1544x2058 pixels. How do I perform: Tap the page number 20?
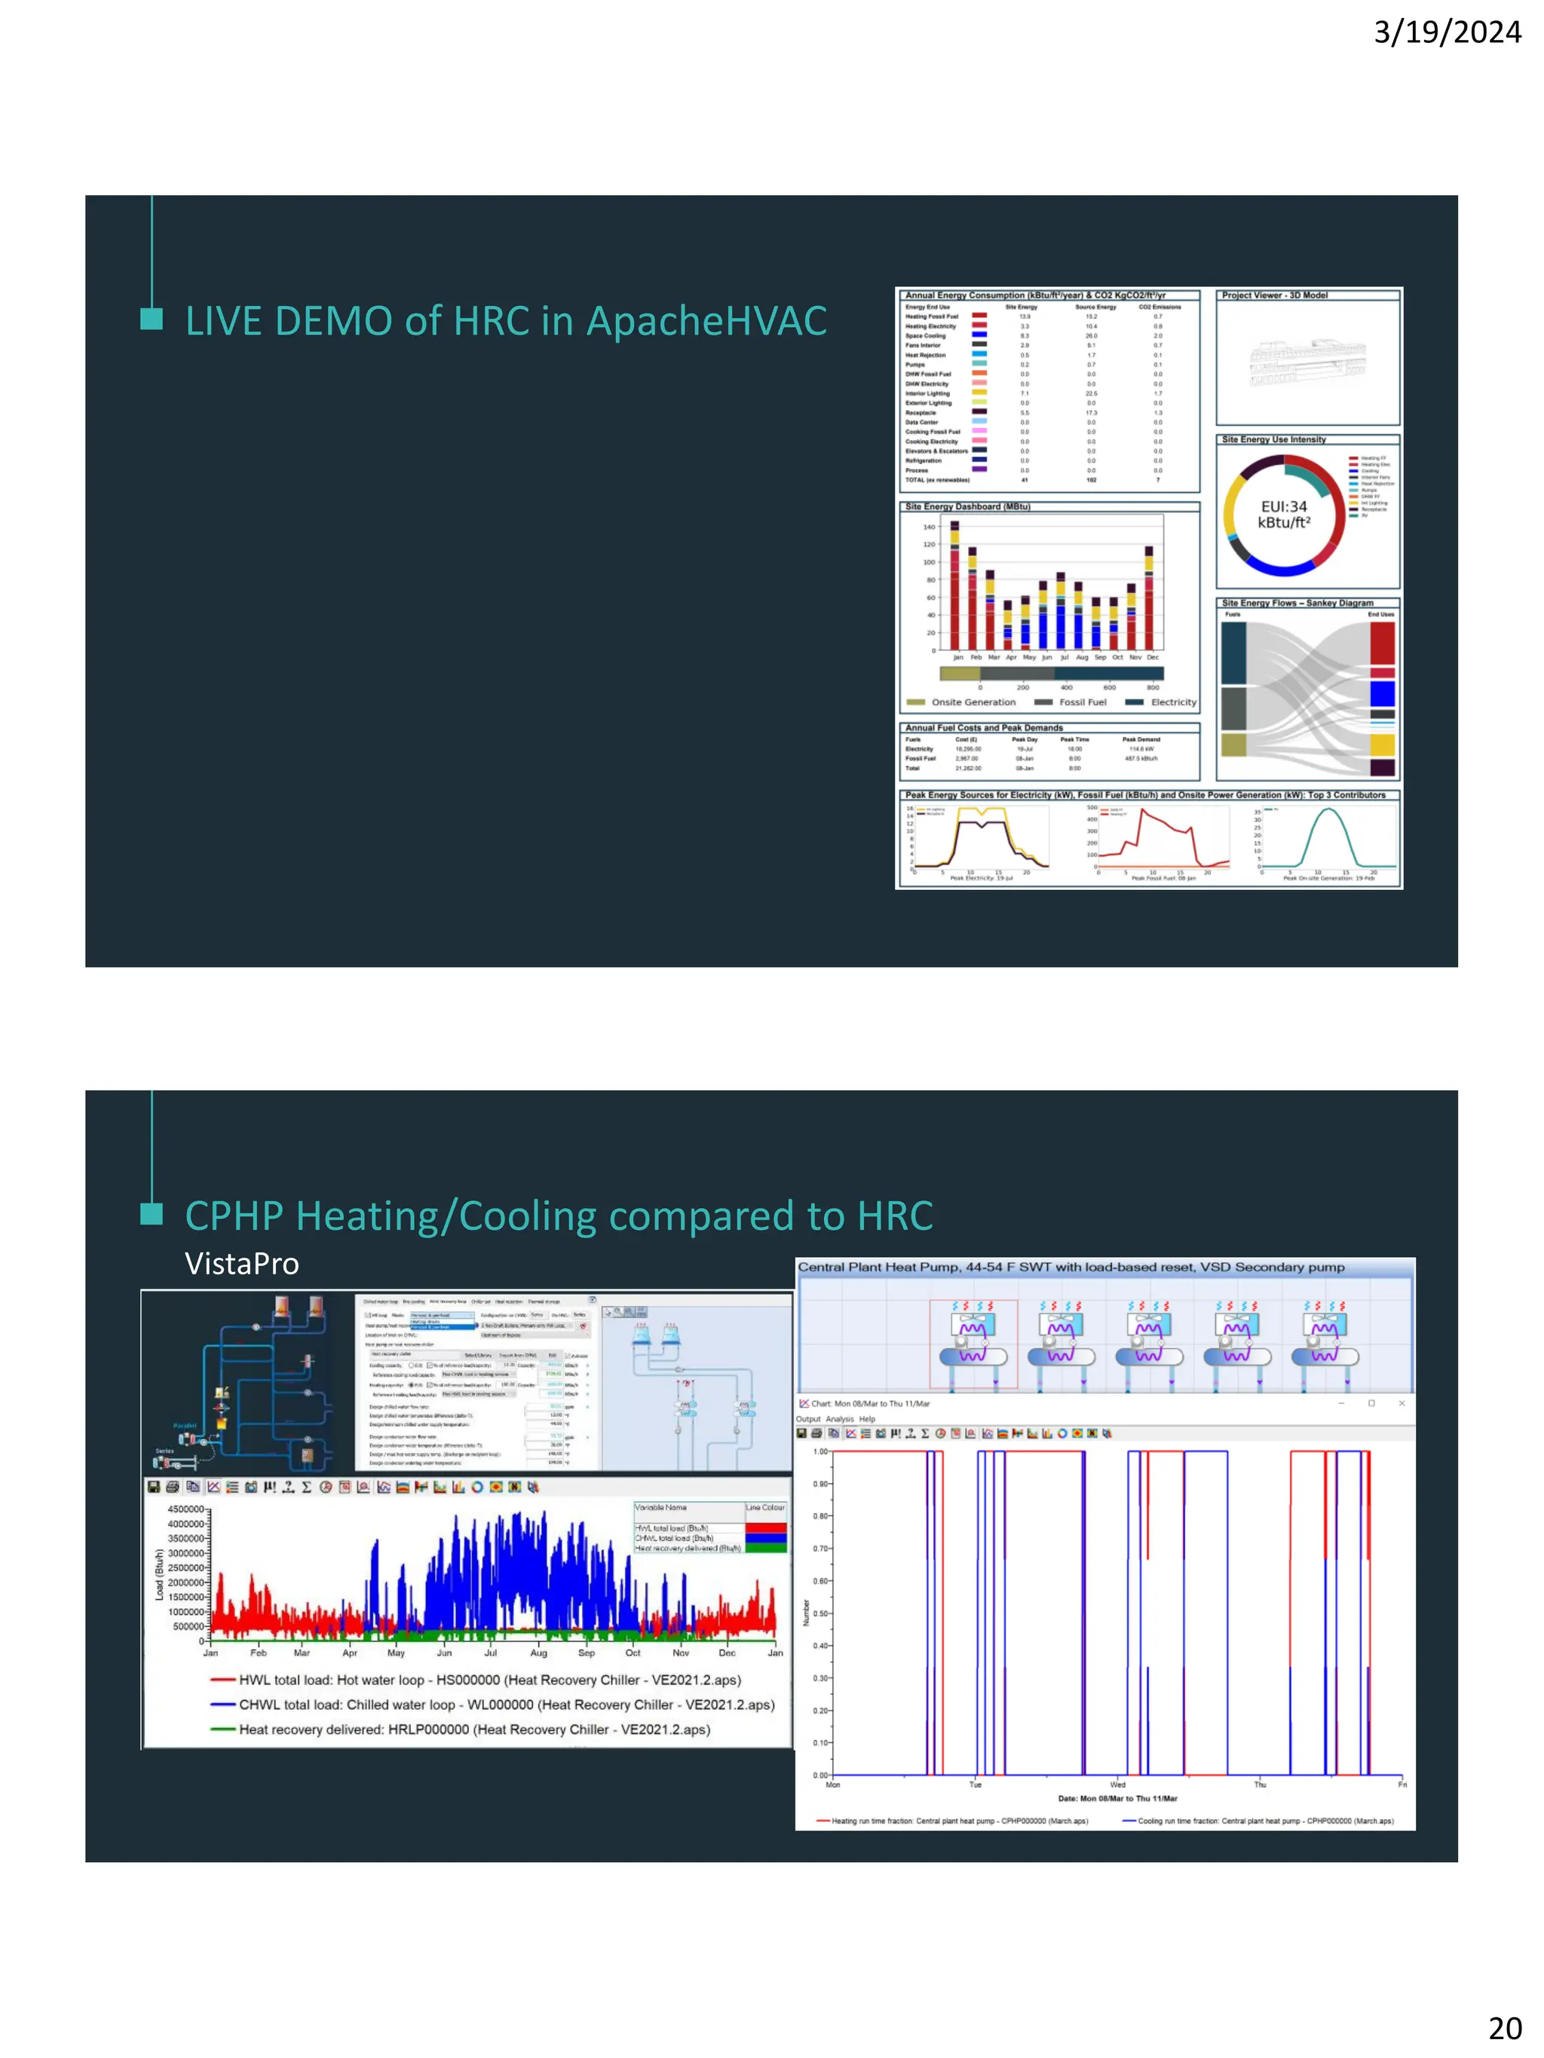click(1505, 2027)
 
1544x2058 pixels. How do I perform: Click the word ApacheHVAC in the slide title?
click(706, 321)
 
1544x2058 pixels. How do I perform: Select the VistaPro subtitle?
click(242, 1264)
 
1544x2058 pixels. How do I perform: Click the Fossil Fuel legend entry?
click(1071, 702)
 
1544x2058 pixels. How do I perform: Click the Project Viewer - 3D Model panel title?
click(1274, 295)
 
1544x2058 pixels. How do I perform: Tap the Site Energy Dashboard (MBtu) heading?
click(967, 506)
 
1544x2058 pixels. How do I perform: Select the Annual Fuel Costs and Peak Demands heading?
click(984, 727)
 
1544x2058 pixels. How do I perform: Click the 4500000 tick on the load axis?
click(185, 1509)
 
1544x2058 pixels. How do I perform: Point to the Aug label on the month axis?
click(538, 1653)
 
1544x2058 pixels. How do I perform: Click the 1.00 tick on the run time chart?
click(820, 1451)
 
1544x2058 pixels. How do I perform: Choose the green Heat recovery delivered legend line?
click(223, 1729)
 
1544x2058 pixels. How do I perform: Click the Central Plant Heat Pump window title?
click(1071, 1268)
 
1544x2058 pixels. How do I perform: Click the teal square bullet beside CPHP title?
click(151, 1214)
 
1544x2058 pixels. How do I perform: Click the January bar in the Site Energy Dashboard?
click(954, 586)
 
